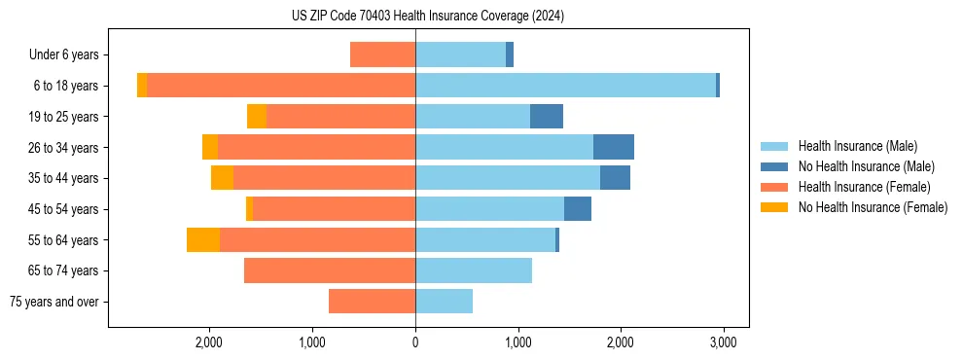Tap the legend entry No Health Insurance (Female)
[873, 207]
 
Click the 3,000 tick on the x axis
[722, 342]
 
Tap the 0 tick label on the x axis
[415, 342]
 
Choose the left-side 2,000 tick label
[210, 342]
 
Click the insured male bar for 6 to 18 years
[565, 86]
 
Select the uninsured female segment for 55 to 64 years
[203, 240]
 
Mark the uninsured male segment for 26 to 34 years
[614, 147]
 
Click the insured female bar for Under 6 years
[382, 54]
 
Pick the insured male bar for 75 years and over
[444, 302]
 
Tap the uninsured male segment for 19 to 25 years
[547, 117]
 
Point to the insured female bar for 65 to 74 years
[330, 270]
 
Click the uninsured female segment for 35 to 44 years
[222, 178]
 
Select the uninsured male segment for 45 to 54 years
[578, 209]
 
